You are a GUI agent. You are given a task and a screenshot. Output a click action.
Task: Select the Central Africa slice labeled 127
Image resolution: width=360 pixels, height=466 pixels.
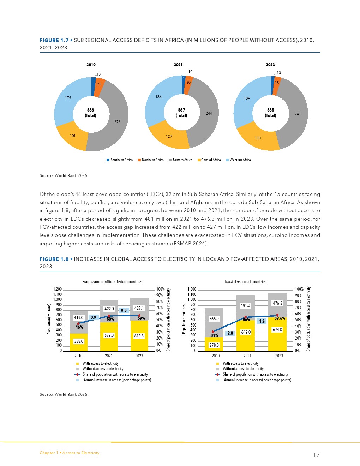pyautogui.click(x=169, y=136)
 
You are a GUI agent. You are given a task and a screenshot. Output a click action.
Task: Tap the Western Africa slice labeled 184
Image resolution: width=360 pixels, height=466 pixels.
pyautogui.click(x=247, y=98)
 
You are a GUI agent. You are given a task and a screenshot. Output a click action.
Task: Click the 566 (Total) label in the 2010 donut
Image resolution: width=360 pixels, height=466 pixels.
pyautogui.click(x=91, y=113)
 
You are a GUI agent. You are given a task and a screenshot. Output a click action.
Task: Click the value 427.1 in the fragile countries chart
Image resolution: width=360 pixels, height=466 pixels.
pyautogui.click(x=139, y=308)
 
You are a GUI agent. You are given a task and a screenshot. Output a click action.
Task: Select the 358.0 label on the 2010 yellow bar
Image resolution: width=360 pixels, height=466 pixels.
pyautogui.click(x=79, y=341)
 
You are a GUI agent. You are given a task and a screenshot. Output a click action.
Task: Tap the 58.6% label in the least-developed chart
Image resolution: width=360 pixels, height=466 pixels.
pyautogui.click(x=280, y=318)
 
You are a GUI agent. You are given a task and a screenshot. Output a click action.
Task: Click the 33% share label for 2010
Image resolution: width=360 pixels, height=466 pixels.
pyautogui.click(x=214, y=335)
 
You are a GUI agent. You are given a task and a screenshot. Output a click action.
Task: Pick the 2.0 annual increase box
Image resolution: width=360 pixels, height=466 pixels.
pyautogui.click(x=230, y=333)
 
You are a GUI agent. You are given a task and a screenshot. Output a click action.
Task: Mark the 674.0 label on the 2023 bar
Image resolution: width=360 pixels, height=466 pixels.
pyautogui.click(x=277, y=330)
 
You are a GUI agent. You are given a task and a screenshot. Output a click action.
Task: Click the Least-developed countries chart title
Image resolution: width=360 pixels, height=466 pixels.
pyautogui.click(x=245, y=282)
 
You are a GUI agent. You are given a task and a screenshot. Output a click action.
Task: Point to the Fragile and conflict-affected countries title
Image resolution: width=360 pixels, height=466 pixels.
pyautogui.click(x=112, y=282)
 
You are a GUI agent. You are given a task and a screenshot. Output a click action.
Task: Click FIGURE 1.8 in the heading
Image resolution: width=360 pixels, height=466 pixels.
pyautogui.click(x=54, y=259)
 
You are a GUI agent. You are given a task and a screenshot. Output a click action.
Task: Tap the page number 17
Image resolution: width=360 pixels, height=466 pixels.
pyautogui.click(x=316, y=455)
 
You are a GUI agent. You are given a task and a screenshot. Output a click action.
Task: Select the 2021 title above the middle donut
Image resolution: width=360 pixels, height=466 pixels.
pyautogui.click(x=178, y=65)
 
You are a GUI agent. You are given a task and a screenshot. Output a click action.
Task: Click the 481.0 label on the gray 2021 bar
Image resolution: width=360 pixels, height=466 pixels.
pyautogui.click(x=245, y=305)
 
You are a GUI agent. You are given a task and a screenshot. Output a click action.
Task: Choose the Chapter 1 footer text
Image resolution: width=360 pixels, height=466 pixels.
pyautogui.click(x=70, y=453)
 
